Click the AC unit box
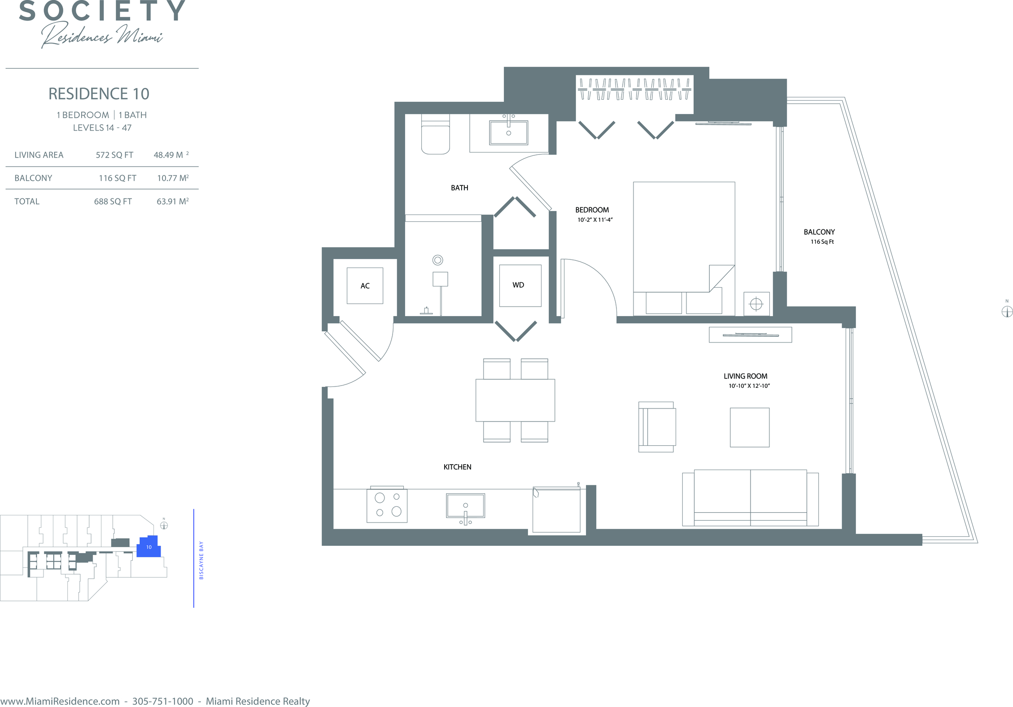[365, 285]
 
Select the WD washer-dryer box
[520, 285]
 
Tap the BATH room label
[459, 188]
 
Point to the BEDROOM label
[592, 210]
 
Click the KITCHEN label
[457, 467]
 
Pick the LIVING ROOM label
[745, 376]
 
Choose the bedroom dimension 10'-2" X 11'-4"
[595, 220]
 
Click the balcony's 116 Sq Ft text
[822, 242]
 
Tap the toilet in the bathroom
[435, 134]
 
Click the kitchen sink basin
[465, 506]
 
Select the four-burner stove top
[387, 505]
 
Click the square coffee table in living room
[749, 427]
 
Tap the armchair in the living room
[657, 427]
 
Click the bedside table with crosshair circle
[756, 304]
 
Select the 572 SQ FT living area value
[114, 155]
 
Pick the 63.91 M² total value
[172, 202]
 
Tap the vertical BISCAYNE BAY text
[201, 560]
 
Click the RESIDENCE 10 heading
[99, 94]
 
